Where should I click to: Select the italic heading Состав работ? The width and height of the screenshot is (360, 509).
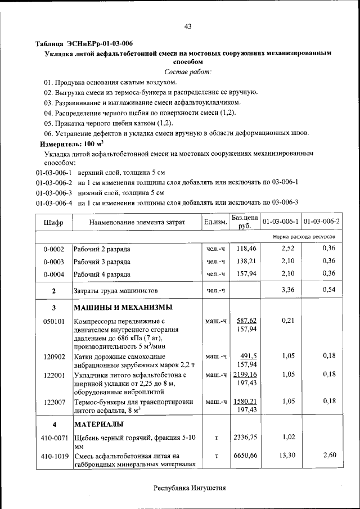pyautogui.click(x=188, y=71)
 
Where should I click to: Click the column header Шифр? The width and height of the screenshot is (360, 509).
pyautogui.click(x=53, y=223)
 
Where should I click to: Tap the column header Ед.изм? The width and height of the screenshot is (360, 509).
pyautogui.click(x=215, y=223)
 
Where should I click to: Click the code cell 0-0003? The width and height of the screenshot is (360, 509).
pyautogui.click(x=53, y=262)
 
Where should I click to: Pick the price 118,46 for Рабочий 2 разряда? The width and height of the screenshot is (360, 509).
pyautogui.click(x=246, y=248)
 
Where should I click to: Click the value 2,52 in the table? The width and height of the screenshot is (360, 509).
pyautogui.click(x=287, y=248)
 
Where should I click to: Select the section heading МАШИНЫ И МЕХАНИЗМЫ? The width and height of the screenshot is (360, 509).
pyautogui.click(x=123, y=308)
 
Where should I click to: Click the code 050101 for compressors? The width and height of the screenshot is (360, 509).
pyautogui.click(x=53, y=321)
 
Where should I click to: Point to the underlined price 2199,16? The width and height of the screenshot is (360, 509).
pyautogui.click(x=245, y=374)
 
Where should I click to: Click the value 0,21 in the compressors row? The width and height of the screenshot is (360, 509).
pyautogui.click(x=287, y=321)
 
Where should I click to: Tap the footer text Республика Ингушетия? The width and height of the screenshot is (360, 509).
pyautogui.click(x=190, y=488)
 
